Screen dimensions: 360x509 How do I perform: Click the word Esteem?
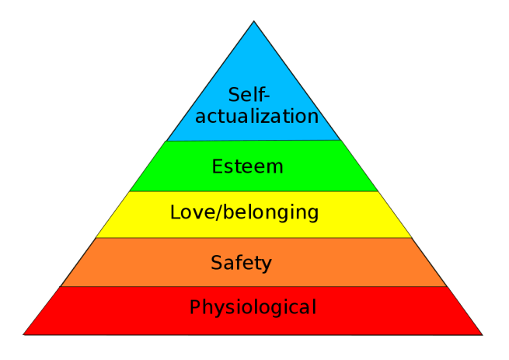coord(247,166)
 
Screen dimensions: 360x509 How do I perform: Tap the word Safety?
coord(241,263)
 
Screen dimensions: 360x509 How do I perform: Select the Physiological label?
coord(253,308)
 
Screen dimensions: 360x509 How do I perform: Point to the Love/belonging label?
coord(244,211)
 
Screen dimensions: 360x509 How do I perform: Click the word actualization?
coord(256,117)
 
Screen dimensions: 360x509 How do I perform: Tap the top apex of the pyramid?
coord(254,21)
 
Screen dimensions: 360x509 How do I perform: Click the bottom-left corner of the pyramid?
coord(23,334)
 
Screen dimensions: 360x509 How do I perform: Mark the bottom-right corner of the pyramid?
coord(483,334)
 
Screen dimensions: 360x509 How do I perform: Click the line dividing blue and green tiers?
coord(254,141)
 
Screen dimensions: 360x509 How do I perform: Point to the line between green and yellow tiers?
coord(254,190)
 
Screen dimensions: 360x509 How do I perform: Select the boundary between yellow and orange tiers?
coord(254,238)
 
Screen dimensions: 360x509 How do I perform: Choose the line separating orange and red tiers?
coord(254,286)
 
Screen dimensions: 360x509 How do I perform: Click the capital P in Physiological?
coord(195,307)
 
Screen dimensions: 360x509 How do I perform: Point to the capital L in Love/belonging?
coord(175,211)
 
